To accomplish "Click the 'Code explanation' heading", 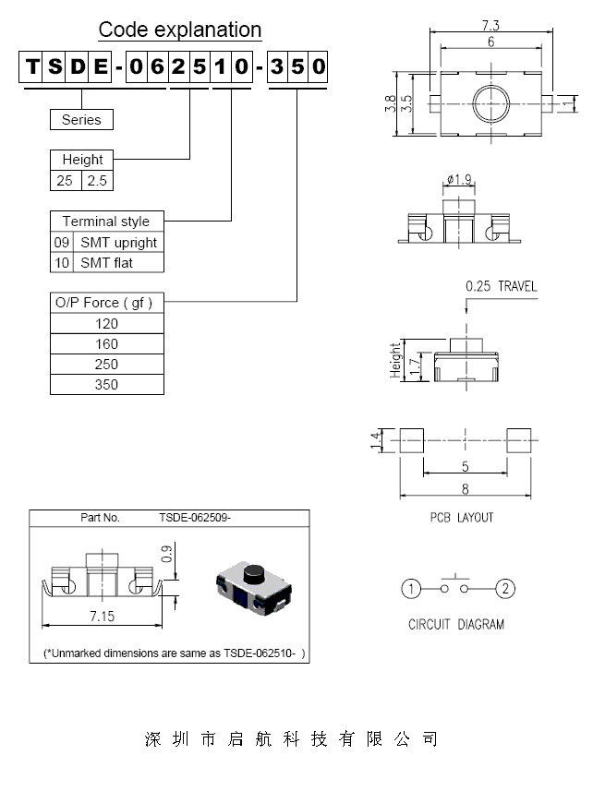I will tap(180, 30).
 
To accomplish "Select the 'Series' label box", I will tap(81, 119).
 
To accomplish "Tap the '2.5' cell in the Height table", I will tap(97, 181).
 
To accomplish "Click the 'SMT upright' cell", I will tap(118, 242).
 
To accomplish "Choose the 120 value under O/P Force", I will tap(106, 323).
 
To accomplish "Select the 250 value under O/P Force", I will tap(106, 364).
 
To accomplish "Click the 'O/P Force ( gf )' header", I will tap(103, 303).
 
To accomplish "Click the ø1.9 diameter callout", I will tap(459, 178).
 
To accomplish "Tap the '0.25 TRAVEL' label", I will tap(501, 286).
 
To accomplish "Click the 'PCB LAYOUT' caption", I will tap(462, 517).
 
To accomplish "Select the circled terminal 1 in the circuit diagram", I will tap(412, 588).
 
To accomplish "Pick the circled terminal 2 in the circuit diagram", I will tap(504, 588).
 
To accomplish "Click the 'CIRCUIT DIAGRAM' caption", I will tap(456, 624).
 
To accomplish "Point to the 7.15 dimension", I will tap(102, 615).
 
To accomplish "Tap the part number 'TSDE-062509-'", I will tap(194, 518).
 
